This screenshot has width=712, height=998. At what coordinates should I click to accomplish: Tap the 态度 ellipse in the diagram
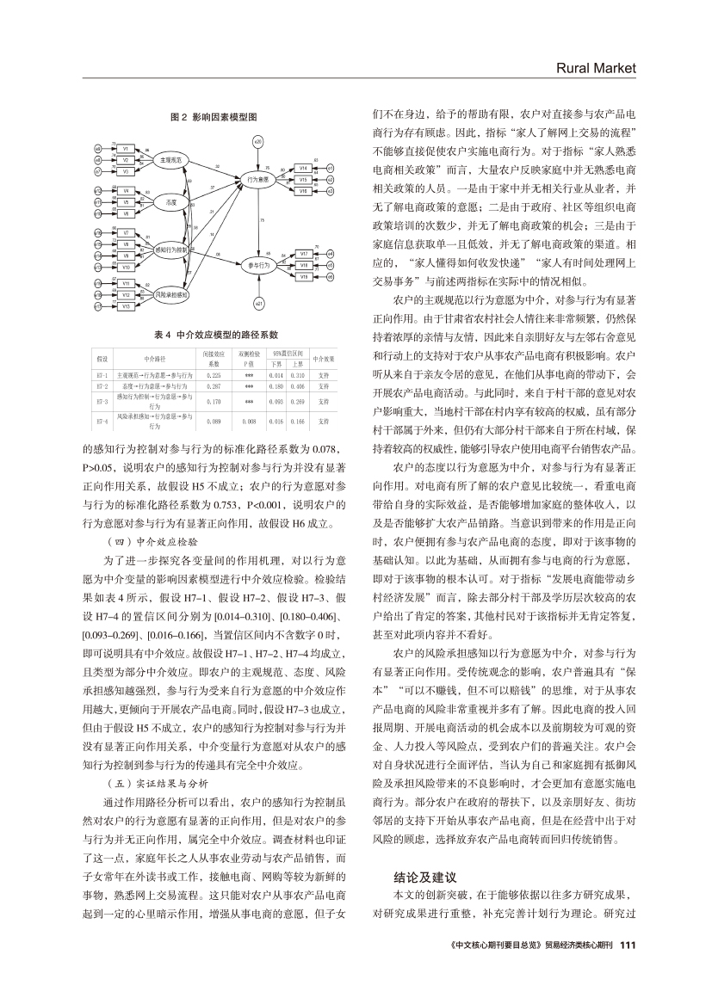tap(170, 201)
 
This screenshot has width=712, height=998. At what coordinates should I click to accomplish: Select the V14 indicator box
tap(304, 168)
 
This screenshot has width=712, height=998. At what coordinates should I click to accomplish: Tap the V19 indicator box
tap(304, 275)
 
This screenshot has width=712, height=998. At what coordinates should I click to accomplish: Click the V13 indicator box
tap(126, 305)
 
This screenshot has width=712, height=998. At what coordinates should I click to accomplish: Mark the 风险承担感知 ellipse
tap(172, 294)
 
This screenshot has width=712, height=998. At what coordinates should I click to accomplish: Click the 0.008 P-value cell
tap(250, 422)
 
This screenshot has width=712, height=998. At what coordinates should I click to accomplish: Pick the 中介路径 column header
tap(144, 358)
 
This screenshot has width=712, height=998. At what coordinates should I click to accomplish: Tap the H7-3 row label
tap(102, 401)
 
